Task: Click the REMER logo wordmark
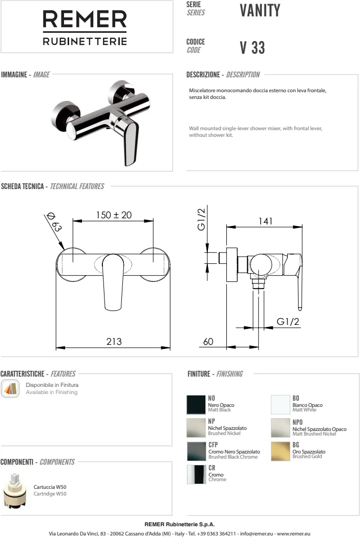point(85,19)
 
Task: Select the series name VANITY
point(260,10)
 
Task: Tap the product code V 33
point(252,48)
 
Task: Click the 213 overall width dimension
point(114,341)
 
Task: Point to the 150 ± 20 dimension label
point(114,215)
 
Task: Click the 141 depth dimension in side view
point(266,221)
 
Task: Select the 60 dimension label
point(208,341)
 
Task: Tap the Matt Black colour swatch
point(196,404)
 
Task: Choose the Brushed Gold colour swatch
point(280,451)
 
